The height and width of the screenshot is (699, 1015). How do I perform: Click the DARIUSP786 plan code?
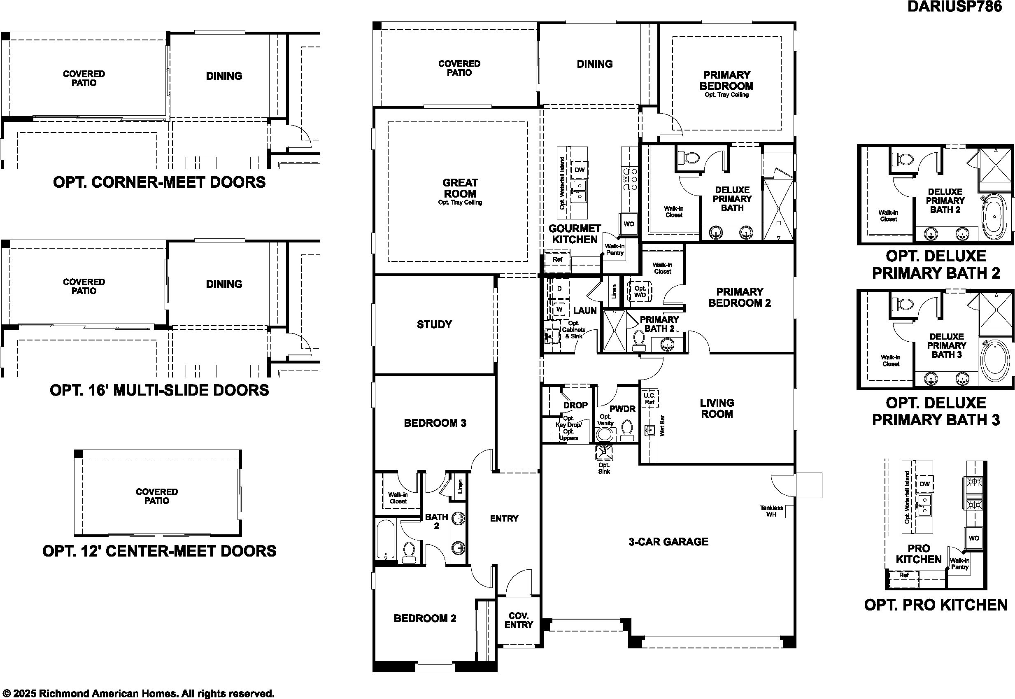[954, 7]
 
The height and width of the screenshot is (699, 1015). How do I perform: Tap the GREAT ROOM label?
[460, 188]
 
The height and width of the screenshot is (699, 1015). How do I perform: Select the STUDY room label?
[434, 324]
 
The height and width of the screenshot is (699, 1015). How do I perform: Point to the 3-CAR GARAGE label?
[668, 541]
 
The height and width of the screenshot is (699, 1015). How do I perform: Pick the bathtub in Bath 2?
[386, 539]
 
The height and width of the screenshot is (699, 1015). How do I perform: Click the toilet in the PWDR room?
[627, 431]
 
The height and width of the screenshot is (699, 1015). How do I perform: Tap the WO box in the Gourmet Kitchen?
[629, 224]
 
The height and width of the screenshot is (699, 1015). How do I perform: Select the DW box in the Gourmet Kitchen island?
[579, 170]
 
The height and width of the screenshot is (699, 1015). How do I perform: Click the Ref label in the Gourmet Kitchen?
[557, 259]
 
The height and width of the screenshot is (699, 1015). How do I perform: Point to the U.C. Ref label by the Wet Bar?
[650, 398]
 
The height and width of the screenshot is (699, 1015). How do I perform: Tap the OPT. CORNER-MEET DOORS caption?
[159, 182]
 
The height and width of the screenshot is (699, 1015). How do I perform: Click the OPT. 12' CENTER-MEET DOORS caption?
[159, 550]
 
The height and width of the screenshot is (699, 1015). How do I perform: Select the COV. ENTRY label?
[519, 620]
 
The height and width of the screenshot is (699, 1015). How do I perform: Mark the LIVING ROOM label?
[717, 408]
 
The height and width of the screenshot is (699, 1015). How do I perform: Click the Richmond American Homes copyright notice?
[137, 693]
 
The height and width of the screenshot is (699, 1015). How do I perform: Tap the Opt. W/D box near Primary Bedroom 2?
[640, 292]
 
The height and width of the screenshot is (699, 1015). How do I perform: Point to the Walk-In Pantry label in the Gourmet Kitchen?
[615, 249]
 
